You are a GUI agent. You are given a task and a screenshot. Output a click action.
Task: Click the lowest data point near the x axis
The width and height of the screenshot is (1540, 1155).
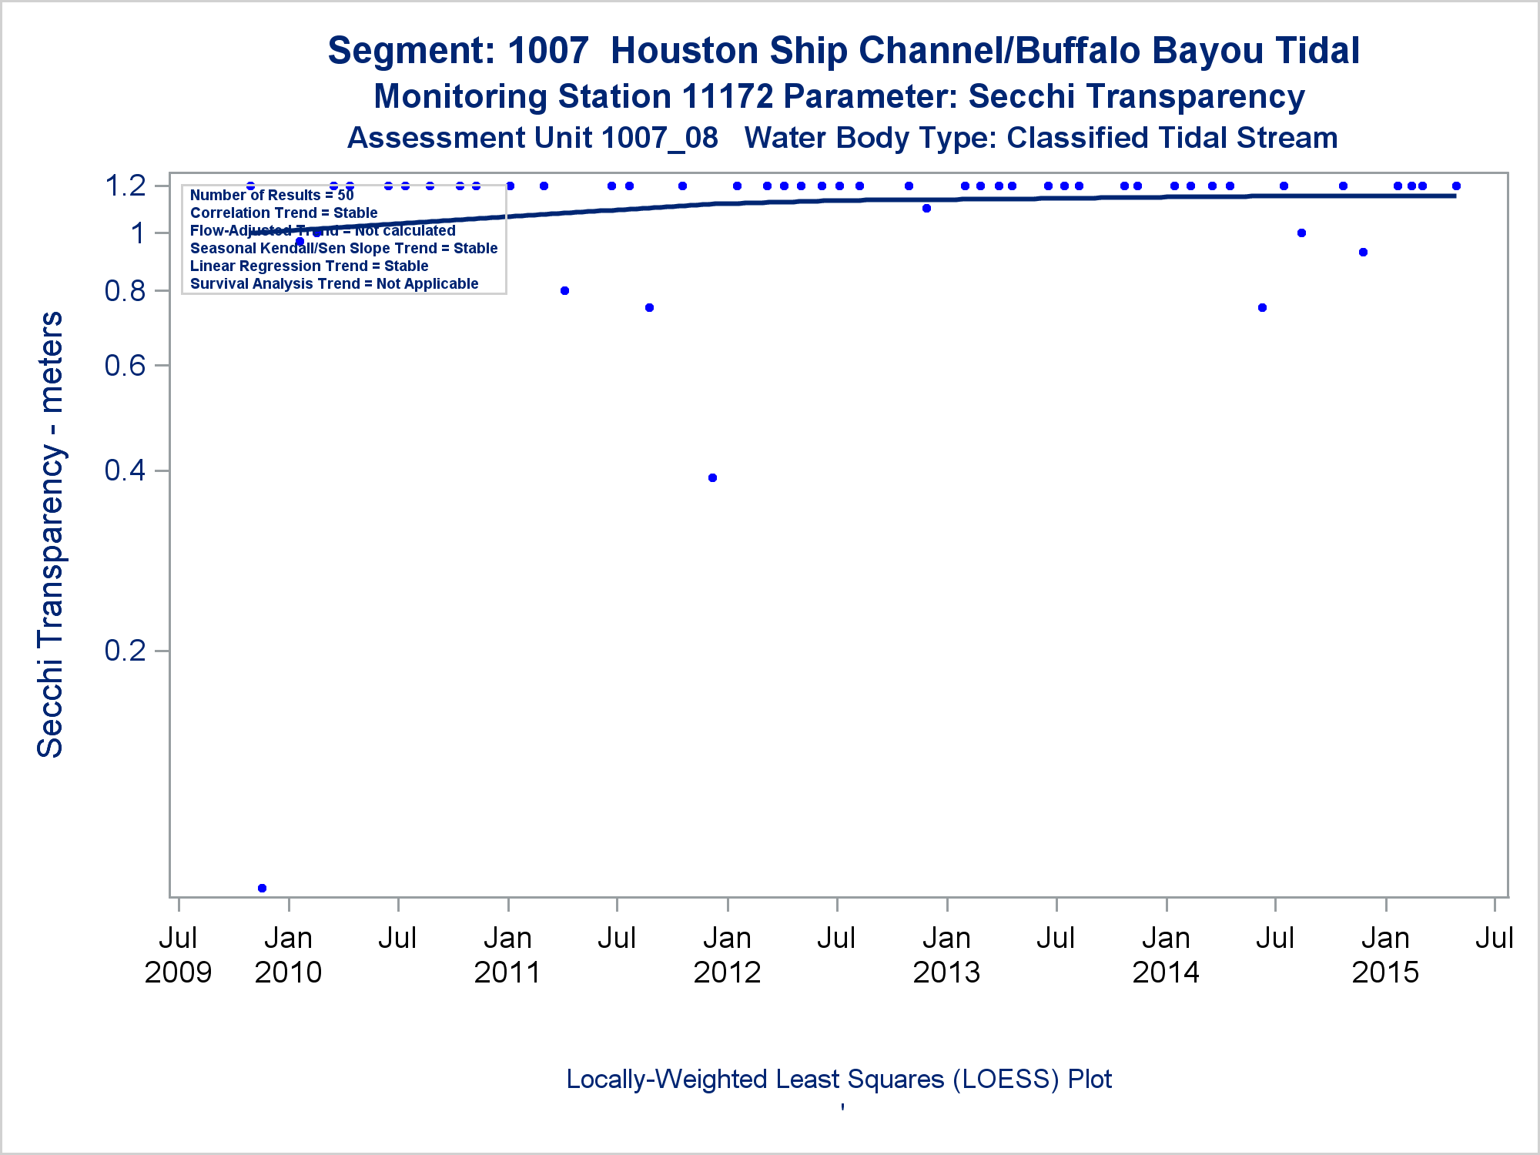pyautogui.click(x=262, y=888)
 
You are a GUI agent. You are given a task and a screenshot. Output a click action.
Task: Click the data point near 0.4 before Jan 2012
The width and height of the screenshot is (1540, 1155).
pyautogui.click(x=712, y=478)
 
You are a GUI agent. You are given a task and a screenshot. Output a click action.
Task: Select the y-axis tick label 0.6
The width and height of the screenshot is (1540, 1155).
pyautogui.click(x=126, y=365)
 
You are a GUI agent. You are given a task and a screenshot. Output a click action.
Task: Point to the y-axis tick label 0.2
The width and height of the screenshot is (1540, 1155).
pyautogui.click(x=126, y=651)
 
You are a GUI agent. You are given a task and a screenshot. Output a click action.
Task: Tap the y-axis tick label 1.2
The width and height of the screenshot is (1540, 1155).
pyautogui.click(x=126, y=186)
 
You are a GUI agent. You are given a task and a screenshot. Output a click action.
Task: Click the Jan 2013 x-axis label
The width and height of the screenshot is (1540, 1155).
pyautogui.click(x=946, y=955)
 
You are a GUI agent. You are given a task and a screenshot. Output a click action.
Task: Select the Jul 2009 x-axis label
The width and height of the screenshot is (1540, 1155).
pyautogui.click(x=178, y=955)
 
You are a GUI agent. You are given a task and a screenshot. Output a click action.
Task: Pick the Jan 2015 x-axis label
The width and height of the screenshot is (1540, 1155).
pyautogui.click(x=1385, y=955)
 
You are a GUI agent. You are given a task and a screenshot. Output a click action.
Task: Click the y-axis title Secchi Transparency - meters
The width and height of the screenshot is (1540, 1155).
pyautogui.click(x=51, y=535)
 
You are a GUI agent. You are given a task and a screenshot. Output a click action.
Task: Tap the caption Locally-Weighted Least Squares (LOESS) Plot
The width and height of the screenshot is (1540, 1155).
pyautogui.click(x=839, y=1080)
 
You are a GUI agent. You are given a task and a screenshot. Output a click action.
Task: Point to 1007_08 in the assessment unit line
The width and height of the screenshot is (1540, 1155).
pyautogui.click(x=659, y=138)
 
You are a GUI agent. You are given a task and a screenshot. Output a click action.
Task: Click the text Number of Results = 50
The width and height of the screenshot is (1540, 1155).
pyautogui.click(x=272, y=195)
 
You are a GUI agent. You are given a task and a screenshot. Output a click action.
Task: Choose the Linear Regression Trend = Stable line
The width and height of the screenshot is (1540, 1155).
pyautogui.click(x=309, y=266)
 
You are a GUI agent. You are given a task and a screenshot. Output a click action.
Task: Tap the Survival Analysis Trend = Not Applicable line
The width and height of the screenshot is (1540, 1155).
pyautogui.click(x=334, y=283)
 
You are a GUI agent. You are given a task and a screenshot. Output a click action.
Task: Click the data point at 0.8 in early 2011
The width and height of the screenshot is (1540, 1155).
pyautogui.click(x=564, y=290)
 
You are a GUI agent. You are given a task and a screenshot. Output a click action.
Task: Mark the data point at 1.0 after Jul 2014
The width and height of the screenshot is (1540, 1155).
pyautogui.click(x=1301, y=233)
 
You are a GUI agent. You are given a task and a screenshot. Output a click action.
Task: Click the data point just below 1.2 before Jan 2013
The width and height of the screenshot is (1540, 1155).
pyautogui.click(x=926, y=208)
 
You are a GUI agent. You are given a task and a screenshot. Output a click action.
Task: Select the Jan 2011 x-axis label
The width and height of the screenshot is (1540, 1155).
pyautogui.click(x=507, y=955)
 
